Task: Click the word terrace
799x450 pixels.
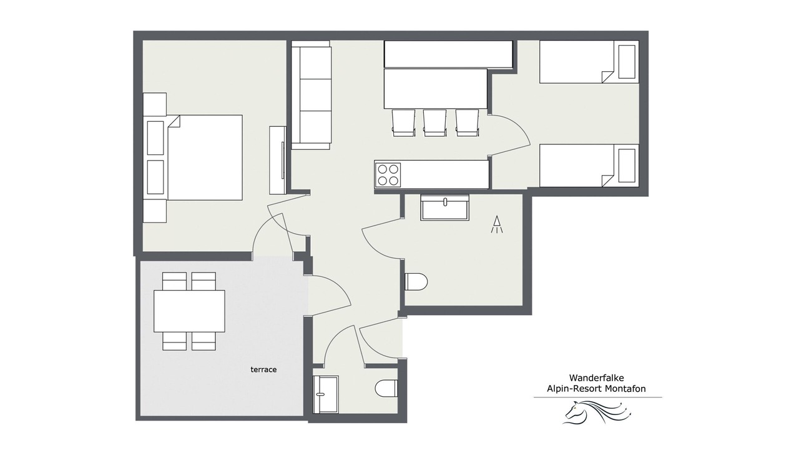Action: coord(263,369)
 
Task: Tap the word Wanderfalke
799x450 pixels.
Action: coord(596,377)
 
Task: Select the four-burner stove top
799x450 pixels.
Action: coord(388,175)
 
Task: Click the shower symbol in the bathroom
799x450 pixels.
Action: coord(496,224)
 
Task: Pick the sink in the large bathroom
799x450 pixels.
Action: coord(444,207)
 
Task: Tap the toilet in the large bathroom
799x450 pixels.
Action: coord(416,282)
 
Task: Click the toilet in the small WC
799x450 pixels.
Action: coord(386,388)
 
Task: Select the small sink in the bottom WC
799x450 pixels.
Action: coord(325,394)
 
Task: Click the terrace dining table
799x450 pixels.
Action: coord(189,311)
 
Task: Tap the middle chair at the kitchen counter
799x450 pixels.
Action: coord(435,123)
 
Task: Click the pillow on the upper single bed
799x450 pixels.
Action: coord(627,62)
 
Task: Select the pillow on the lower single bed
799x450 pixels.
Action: coord(627,166)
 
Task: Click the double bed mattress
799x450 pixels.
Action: coord(205,157)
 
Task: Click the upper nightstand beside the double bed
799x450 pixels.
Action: coord(155,104)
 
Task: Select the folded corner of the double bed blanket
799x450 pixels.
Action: coord(174,121)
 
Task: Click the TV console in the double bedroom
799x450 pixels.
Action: coord(278,160)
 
